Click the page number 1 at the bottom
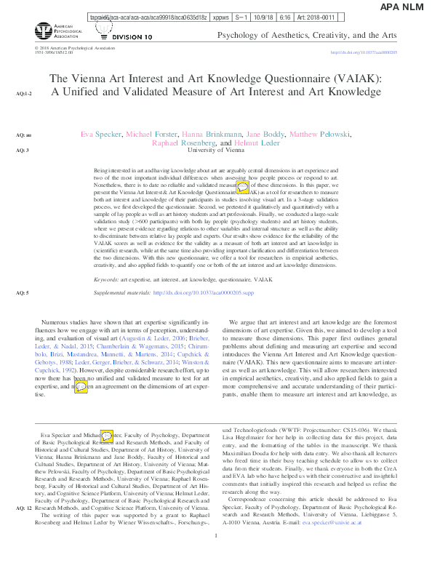(216, 556)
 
